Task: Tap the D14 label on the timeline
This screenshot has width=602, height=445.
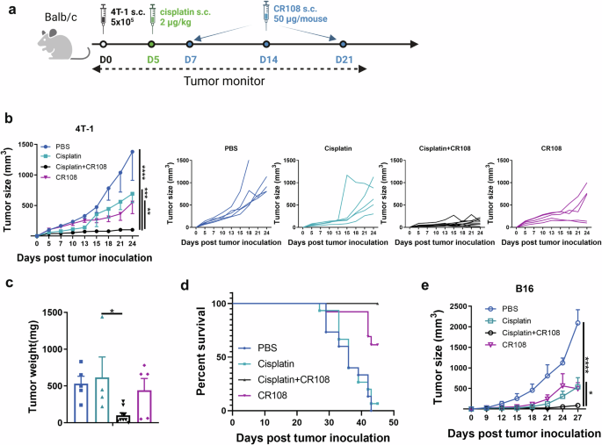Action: point(267,59)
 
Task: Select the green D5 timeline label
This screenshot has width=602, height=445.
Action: point(153,59)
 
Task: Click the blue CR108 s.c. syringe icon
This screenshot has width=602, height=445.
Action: point(267,13)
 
